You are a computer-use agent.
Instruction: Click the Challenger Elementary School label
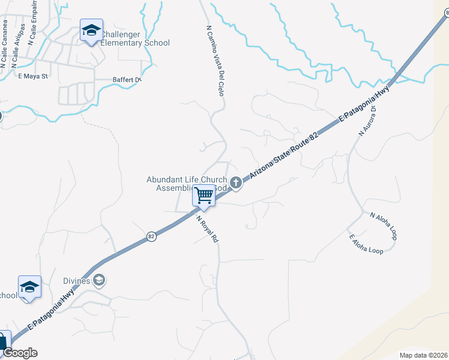coord(135,38)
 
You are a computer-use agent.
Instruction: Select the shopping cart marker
coord(204,196)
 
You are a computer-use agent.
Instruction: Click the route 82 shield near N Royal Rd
coord(151,237)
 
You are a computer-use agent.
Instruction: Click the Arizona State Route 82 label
coord(283,153)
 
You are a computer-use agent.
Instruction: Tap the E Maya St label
coord(32,76)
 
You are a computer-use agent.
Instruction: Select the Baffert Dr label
coord(127,79)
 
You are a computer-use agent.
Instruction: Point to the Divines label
coord(76,281)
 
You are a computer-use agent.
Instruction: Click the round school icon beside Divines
coord(99,280)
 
